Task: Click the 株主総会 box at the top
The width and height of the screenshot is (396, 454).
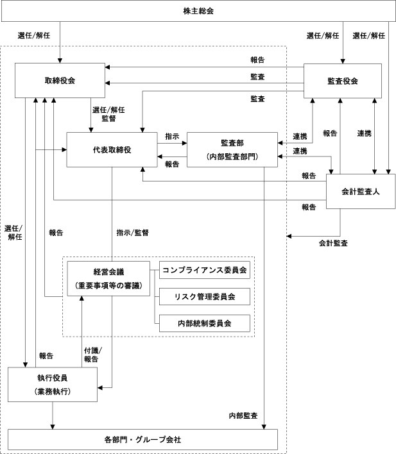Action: point(198,11)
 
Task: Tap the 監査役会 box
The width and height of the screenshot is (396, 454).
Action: point(342,81)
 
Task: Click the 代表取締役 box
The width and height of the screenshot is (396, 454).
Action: point(112,149)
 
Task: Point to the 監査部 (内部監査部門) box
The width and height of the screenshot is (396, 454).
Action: point(232,149)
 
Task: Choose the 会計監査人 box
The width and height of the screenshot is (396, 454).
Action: point(357,191)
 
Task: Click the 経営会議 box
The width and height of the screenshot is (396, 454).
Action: point(108,278)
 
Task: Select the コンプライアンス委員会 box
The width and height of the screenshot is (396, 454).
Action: point(204,270)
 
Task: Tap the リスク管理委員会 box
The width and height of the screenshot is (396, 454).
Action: point(204,297)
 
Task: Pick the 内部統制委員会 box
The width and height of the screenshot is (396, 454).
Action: point(204,324)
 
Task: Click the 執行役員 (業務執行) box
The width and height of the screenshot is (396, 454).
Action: point(53,384)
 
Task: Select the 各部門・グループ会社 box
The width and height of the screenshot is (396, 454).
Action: point(142,440)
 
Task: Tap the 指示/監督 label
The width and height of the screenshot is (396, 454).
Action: point(132,233)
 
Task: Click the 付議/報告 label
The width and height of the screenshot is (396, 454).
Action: point(93,355)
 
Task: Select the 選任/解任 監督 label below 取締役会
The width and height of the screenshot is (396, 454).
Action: point(108,114)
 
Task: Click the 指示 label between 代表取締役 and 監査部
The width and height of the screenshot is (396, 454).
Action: point(172,137)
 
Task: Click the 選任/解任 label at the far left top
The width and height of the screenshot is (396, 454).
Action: point(35,35)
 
